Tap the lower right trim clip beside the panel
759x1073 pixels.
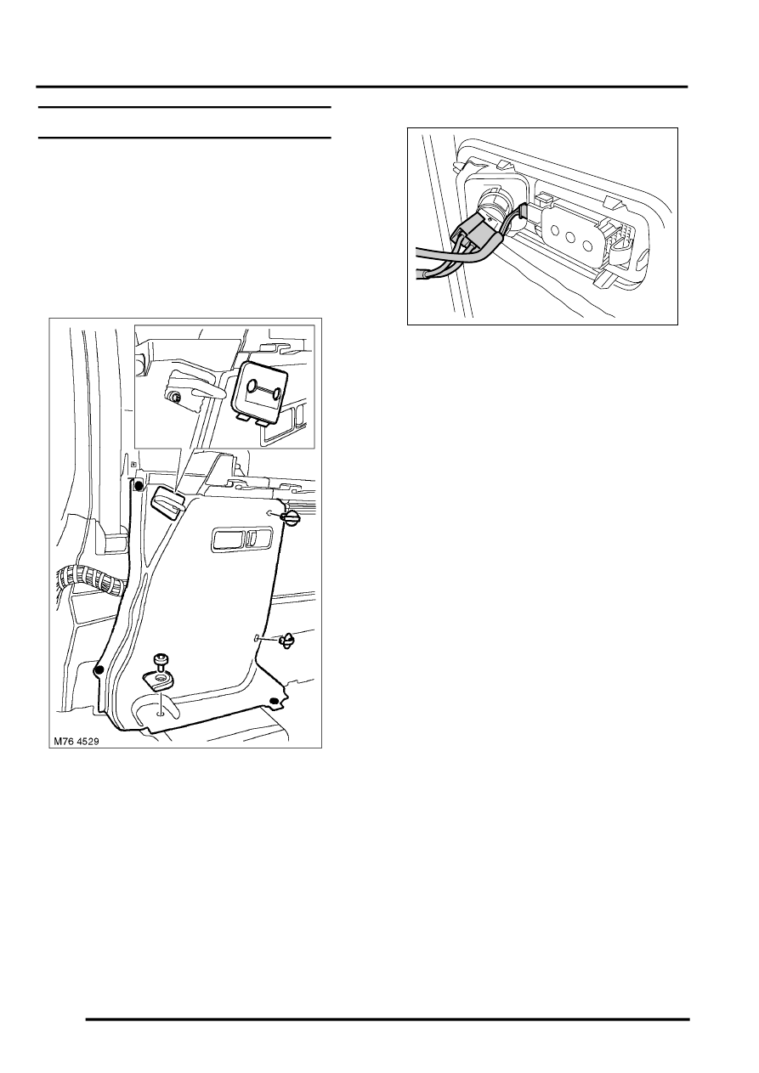(286, 640)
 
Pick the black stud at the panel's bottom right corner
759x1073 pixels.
(274, 701)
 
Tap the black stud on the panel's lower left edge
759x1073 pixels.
(99, 670)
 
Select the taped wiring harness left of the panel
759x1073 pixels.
(90, 580)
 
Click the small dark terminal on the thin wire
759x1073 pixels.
(522, 213)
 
